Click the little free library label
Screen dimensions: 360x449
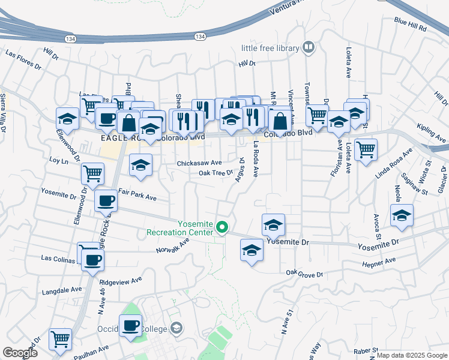pyautogui.click(x=270, y=47)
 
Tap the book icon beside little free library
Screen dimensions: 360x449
pyautogui.click(x=309, y=47)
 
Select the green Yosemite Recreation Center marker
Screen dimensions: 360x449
pyautogui.click(x=222, y=227)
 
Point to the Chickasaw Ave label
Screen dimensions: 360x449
pyautogui.click(x=199, y=163)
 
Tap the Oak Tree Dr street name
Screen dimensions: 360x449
pyautogui.click(x=215, y=173)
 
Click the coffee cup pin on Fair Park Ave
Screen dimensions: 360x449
pyautogui.click(x=106, y=200)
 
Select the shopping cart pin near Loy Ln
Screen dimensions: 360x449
pyautogui.click(x=93, y=173)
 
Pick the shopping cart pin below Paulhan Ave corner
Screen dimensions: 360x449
pyautogui.click(x=60, y=339)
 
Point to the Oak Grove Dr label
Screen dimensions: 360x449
pyautogui.click(x=304, y=274)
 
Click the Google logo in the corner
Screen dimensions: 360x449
pyautogui.click(x=20, y=352)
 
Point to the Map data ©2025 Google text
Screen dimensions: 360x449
pyautogui.click(x=411, y=355)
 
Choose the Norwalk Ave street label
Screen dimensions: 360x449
pyautogui.click(x=172, y=245)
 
